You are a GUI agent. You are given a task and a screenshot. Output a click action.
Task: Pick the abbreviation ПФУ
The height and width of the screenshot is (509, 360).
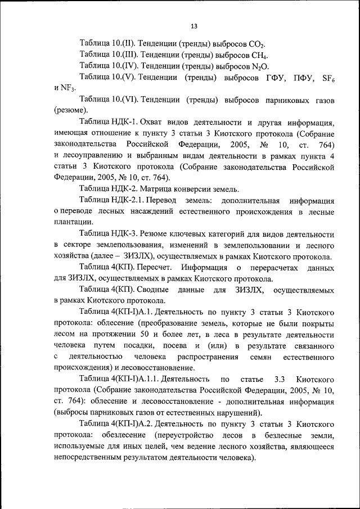[299, 77]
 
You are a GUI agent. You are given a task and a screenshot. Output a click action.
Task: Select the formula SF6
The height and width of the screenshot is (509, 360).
[326, 77]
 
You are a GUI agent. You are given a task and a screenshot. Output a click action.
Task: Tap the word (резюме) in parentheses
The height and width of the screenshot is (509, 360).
[70, 110]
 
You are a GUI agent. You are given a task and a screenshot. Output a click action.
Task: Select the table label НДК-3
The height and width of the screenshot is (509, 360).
[126, 232]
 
